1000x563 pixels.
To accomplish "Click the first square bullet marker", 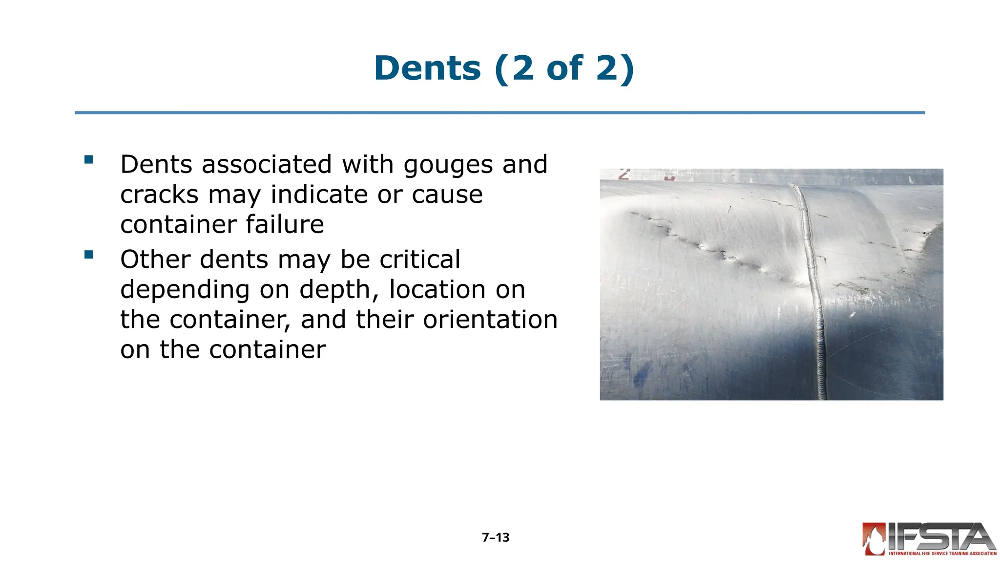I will [x=88, y=159].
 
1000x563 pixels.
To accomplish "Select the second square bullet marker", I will [x=88, y=254].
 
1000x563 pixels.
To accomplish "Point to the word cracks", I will [x=159, y=195].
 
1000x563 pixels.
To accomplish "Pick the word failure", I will [x=284, y=224].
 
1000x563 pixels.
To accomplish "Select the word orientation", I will [x=490, y=320].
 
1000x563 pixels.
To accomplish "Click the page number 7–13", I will [x=495, y=538].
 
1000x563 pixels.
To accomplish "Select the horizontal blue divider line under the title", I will [x=500, y=113].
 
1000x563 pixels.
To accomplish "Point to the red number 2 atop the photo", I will [x=624, y=174].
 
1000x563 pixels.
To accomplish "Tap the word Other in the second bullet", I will [x=155, y=259].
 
